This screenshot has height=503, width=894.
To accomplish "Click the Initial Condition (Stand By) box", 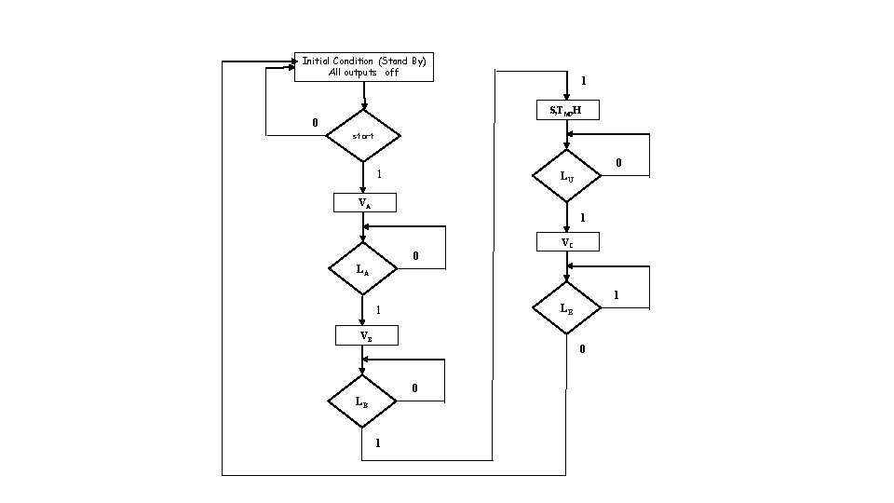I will [363, 67].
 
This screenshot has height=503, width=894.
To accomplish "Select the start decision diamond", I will [363, 136].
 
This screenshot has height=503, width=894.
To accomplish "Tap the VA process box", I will [364, 203].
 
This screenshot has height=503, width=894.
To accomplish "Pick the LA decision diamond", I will [363, 269].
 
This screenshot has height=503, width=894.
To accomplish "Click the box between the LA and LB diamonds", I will [366, 335].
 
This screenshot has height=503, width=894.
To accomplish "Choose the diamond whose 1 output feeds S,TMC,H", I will [361, 402].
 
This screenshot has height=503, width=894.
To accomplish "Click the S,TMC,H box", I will [567, 111].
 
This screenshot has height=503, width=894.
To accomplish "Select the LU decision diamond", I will [566, 175].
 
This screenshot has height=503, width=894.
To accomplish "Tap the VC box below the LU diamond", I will [567, 242].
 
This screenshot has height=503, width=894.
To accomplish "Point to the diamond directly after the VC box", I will [566, 307].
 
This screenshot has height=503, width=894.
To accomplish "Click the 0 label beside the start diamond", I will [315, 123].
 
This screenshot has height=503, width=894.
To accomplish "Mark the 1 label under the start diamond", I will [378, 174].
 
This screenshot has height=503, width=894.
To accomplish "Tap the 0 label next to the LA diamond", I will [415, 256].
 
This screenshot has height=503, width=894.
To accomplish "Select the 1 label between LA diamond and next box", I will [378, 310].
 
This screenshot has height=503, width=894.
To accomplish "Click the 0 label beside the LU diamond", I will [617, 163].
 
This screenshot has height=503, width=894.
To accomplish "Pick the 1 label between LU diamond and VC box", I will [582, 218].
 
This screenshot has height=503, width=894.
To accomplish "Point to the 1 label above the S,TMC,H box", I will [583, 82].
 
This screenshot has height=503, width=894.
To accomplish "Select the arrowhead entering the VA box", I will [363, 189].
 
